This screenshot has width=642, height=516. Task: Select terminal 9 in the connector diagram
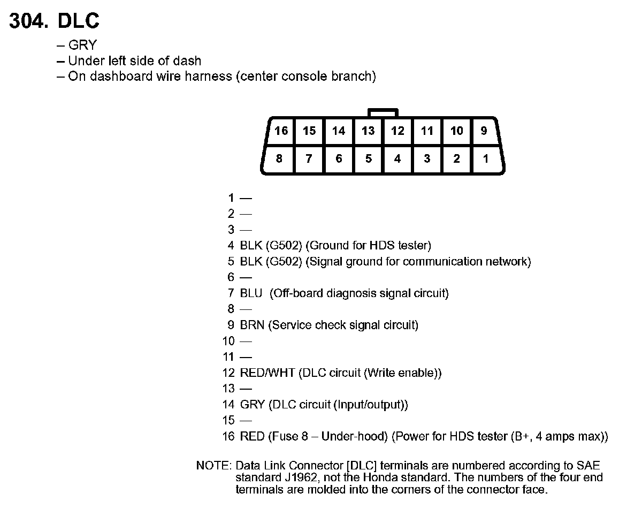click(484, 131)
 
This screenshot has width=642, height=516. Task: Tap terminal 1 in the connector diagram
click(485, 158)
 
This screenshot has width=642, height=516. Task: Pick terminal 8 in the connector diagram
click(279, 158)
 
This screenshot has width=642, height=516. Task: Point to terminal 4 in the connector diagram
click(397, 158)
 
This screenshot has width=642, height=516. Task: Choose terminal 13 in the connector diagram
click(368, 131)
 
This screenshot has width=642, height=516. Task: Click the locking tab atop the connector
click(383, 112)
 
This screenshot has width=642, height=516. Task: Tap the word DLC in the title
click(78, 21)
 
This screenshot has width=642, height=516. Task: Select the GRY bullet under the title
click(82, 45)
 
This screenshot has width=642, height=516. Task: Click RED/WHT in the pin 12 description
click(267, 373)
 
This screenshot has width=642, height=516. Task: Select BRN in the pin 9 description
click(252, 325)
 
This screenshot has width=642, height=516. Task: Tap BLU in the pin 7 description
click(251, 293)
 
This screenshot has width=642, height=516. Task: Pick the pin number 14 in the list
click(229, 405)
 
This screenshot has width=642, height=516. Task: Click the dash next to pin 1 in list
click(246, 198)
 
